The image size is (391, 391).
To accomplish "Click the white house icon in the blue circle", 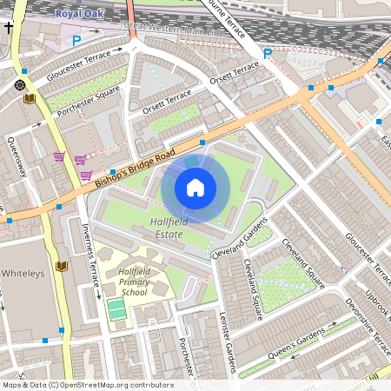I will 195,188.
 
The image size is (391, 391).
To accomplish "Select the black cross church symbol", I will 8,28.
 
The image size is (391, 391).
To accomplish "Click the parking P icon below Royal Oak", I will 76,40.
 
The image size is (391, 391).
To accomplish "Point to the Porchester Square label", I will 83,105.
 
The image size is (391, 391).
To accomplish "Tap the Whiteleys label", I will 21,273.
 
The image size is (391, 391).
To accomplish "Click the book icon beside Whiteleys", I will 61,266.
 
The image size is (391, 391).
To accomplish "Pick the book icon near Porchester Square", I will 30,99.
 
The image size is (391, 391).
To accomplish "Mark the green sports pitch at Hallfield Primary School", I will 116,308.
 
